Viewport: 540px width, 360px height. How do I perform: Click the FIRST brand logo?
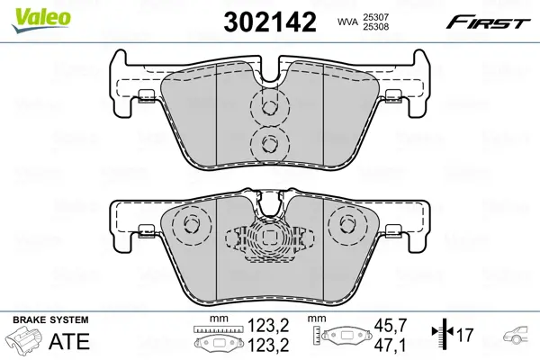pos(491,20)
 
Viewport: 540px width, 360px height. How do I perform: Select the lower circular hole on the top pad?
pos(268,141)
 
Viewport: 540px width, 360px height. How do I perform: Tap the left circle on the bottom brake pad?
pos(191,224)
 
